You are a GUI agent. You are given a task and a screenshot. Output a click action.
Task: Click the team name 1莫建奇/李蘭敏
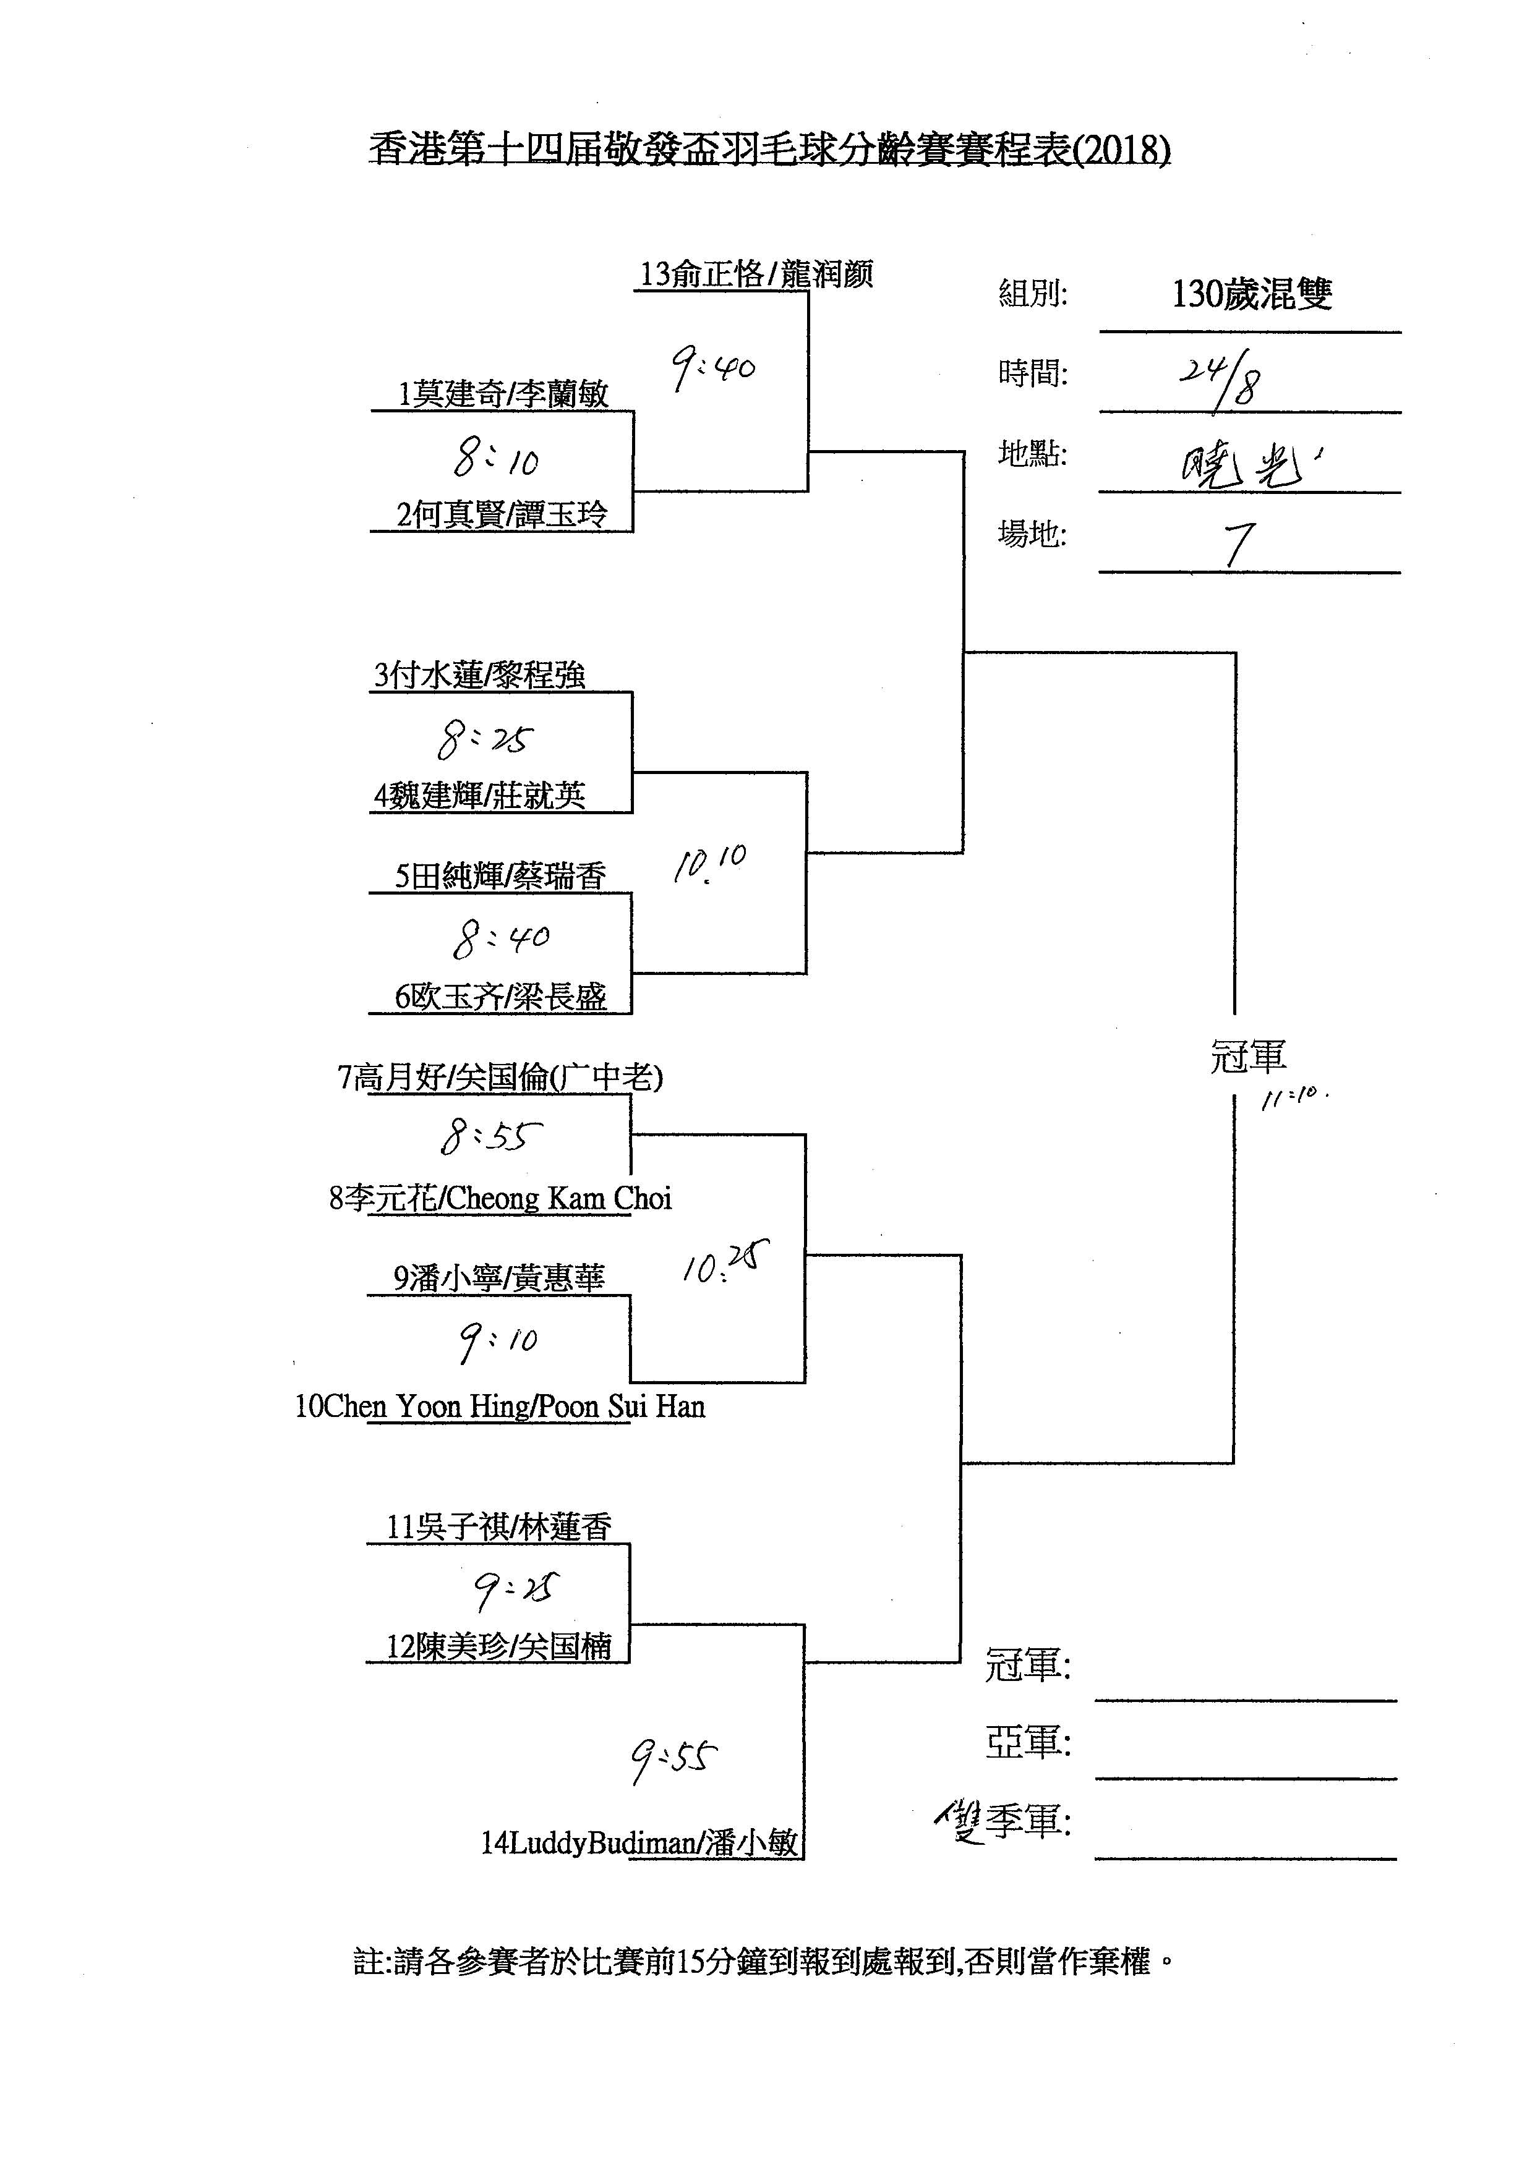503,394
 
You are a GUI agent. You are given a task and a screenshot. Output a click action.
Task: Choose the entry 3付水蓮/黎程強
479,676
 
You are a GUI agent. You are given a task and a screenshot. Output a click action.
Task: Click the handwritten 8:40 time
500,938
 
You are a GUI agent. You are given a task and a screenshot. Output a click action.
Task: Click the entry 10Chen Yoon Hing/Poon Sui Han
500,1407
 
